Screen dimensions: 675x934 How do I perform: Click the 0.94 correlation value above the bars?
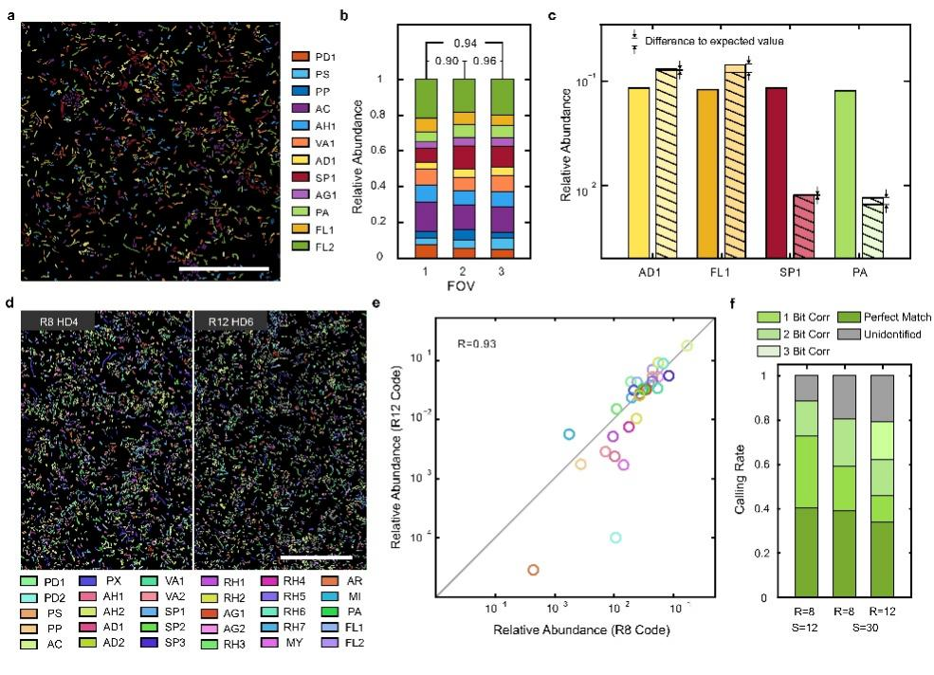point(462,45)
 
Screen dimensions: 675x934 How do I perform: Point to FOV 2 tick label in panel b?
point(462,270)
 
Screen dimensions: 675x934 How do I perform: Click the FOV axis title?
point(461,283)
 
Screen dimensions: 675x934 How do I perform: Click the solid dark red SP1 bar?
point(777,172)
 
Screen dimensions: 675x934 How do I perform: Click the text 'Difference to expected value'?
point(714,41)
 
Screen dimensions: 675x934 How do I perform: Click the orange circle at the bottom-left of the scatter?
point(533,570)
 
